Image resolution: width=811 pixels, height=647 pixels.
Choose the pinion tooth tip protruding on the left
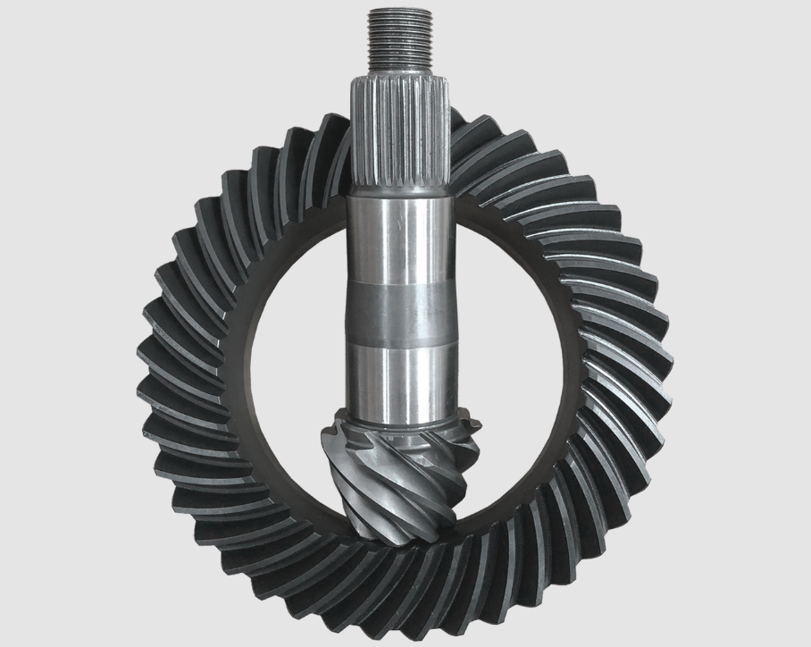click(x=323, y=438)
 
